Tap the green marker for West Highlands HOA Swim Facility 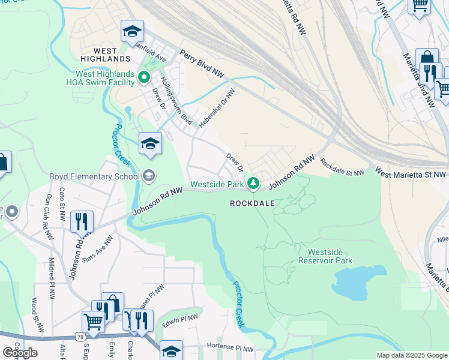pos(144,77)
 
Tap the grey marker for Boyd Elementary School pos(149,176)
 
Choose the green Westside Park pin pos(254,183)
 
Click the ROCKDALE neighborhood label pos(253,203)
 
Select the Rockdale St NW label pos(342,167)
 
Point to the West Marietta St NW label pos(412,173)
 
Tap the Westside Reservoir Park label pos(325,256)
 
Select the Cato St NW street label pos(62,198)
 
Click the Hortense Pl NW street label pos(231,347)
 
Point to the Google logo pos(20,353)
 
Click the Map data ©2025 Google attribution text pos(411,355)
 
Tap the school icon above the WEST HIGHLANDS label pos(133,31)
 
